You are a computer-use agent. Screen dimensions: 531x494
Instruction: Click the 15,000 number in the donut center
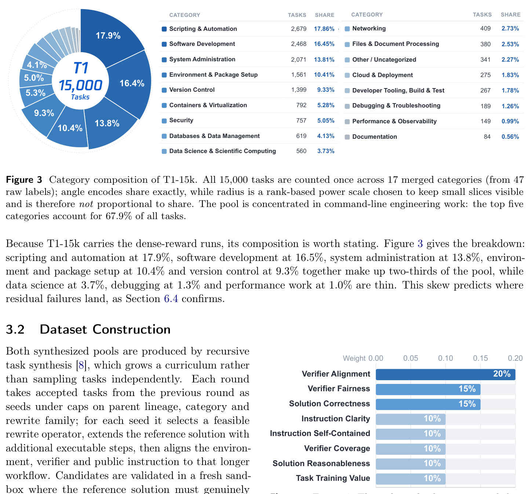(x=80, y=85)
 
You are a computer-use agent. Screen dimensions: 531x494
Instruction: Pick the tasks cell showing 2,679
(x=298, y=29)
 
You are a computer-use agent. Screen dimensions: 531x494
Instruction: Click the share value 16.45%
(x=324, y=44)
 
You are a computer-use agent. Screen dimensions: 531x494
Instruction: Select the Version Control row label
(x=192, y=90)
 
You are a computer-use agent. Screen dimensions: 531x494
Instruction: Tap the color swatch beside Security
(x=164, y=121)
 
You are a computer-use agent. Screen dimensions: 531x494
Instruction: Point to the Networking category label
(x=369, y=28)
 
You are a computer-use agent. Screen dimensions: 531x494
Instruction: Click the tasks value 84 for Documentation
(x=487, y=137)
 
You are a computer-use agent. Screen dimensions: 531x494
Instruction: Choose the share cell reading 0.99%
(x=510, y=121)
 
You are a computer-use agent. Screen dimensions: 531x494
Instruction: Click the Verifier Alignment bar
(x=445, y=374)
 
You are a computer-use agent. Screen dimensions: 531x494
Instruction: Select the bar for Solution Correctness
(x=428, y=404)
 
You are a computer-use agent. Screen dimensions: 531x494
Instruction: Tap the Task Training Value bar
(x=410, y=479)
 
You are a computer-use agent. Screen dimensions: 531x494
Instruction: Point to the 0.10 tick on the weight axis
(x=445, y=358)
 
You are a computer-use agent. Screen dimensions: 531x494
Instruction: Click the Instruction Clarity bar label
(x=335, y=419)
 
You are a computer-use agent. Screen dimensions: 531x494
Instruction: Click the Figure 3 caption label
(x=24, y=180)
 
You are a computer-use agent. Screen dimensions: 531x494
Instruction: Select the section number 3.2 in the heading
(x=15, y=330)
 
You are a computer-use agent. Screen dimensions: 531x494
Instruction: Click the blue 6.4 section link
(x=171, y=299)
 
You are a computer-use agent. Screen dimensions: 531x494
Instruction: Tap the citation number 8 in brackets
(x=81, y=365)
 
